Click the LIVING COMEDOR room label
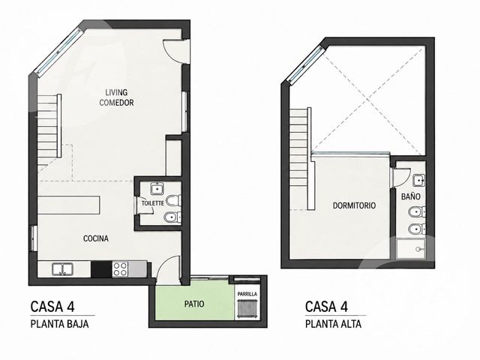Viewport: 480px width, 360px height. [x=116, y=97]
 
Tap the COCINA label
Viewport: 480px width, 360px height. [x=96, y=238]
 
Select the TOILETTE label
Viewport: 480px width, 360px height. [x=153, y=203]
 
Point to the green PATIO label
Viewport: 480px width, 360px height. [x=194, y=304]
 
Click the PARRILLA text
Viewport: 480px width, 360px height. [x=247, y=294]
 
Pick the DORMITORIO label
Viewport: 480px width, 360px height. [x=354, y=205]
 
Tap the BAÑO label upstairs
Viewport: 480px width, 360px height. [x=411, y=196]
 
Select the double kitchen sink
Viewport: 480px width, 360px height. [x=62, y=269]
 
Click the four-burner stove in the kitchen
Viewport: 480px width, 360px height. [x=120, y=269]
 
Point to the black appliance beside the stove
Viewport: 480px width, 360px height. [x=101, y=269]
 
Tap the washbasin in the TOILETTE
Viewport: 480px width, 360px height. [x=157, y=188]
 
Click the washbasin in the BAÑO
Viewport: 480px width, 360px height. [x=418, y=180]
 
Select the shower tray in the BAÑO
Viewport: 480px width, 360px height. [x=411, y=249]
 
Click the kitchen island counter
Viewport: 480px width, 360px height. [x=69, y=205]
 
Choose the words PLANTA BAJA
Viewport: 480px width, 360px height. [x=60, y=324]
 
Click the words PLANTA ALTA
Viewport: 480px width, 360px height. [x=333, y=324]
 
